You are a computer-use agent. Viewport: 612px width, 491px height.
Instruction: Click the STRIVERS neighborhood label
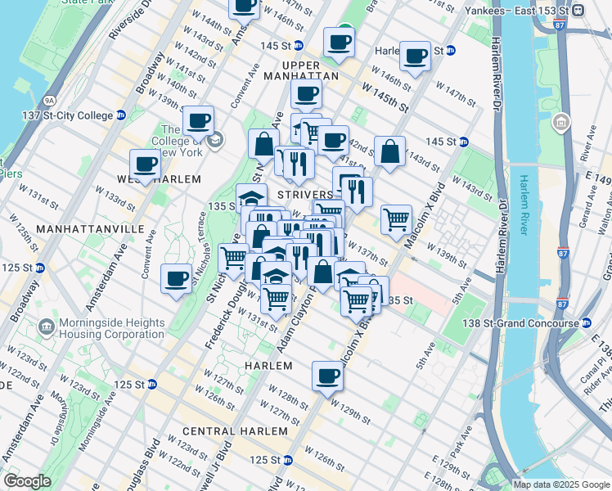click(304, 195)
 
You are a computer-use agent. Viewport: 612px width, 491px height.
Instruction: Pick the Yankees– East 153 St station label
click(517, 11)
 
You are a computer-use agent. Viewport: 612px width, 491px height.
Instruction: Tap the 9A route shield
click(50, 100)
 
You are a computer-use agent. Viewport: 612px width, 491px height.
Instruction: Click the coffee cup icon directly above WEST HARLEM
click(146, 163)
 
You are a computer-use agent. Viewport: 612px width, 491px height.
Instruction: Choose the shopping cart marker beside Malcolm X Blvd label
click(396, 218)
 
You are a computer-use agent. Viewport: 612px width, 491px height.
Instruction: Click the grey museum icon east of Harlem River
click(561, 124)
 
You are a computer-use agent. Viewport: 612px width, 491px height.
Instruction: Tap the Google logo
click(27, 481)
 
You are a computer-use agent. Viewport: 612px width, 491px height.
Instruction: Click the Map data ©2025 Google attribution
click(560, 484)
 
